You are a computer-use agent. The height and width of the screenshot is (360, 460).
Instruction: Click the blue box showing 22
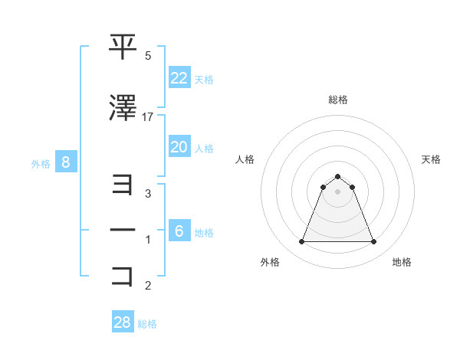pyautogui.click(x=179, y=78)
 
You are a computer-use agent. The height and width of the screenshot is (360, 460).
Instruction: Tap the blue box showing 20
pyautogui.click(x=179, y=147)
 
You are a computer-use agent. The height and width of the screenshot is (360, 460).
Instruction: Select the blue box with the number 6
pyautogui.click(x=179, y=231)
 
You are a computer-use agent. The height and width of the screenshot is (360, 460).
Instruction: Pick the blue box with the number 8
pyautogui.click(x=66, y=162)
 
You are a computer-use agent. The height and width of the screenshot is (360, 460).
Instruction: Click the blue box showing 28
pyautogui.click(x=123, y=322)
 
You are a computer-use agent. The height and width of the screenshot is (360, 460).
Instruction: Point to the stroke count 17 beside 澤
pyautogui.click(x=148, y=117)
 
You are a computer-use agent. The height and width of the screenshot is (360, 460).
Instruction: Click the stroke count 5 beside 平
pyautogui.click(x=148, y=56)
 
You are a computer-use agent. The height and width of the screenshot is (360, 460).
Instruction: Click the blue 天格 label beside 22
pyautogui.click(x=204, y=79)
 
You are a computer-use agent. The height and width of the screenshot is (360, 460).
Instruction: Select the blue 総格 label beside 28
pyautogui.click(x=147, y=324)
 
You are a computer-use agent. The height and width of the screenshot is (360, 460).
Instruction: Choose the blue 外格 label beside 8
pyautogui.click(x=41, y=163)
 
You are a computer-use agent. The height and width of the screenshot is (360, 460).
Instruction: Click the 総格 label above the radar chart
pyautogui.click(x=337, y=100)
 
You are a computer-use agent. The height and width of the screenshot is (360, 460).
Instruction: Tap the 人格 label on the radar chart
pyautogui.click(x=245, y=159)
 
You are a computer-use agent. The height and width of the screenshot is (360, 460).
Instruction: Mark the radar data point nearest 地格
pyautogui.click(x=373, y=242)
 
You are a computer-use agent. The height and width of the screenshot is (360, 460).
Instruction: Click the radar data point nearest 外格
pyautogui.click(x=301, y=242)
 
